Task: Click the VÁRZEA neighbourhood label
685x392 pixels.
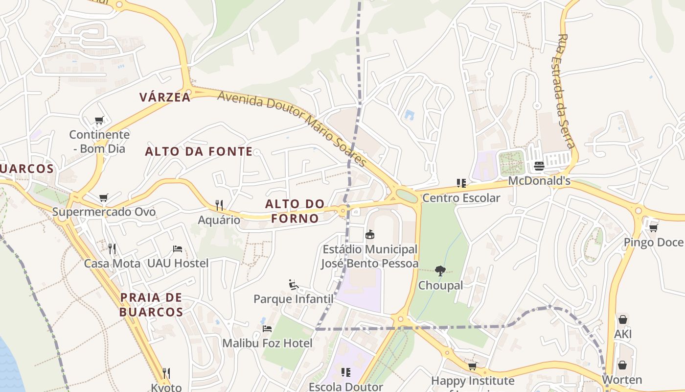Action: [165, 97]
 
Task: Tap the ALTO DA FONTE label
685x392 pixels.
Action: [199, 151]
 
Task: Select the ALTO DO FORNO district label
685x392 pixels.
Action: [295, 211]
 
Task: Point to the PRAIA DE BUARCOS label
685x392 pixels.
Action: [151, 304]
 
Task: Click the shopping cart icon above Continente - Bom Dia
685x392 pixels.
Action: [99, 120]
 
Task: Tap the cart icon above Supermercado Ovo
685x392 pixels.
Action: [103, 198]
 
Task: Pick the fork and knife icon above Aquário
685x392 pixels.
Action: [219, 205]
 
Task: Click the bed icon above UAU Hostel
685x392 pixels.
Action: [178, 249]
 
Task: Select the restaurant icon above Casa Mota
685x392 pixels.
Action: [112, 249]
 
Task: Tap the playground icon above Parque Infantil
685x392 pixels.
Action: [293, 284]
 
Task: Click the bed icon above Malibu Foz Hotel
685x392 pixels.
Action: [267, 328]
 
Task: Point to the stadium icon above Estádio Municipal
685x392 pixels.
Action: [370, 235]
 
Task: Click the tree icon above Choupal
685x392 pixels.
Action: [440, 270]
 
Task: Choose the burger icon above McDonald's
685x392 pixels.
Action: [539, 166]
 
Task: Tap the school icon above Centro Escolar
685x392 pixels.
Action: [461, 183]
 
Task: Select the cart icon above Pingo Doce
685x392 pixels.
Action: [653, 228]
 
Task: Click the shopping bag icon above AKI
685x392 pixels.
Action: [622, 319]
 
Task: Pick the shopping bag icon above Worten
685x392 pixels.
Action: [622, 365]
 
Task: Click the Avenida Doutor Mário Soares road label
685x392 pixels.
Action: [292, 129]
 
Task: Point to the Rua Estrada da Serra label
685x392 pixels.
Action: [566, 91]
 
